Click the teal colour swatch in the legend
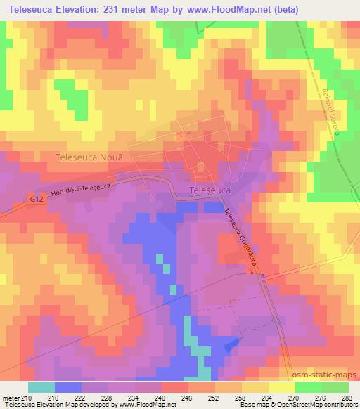coord(41,387)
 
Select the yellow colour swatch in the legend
coord(282,387)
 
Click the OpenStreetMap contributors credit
coord(314,405)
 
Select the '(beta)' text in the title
coord(281,10)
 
